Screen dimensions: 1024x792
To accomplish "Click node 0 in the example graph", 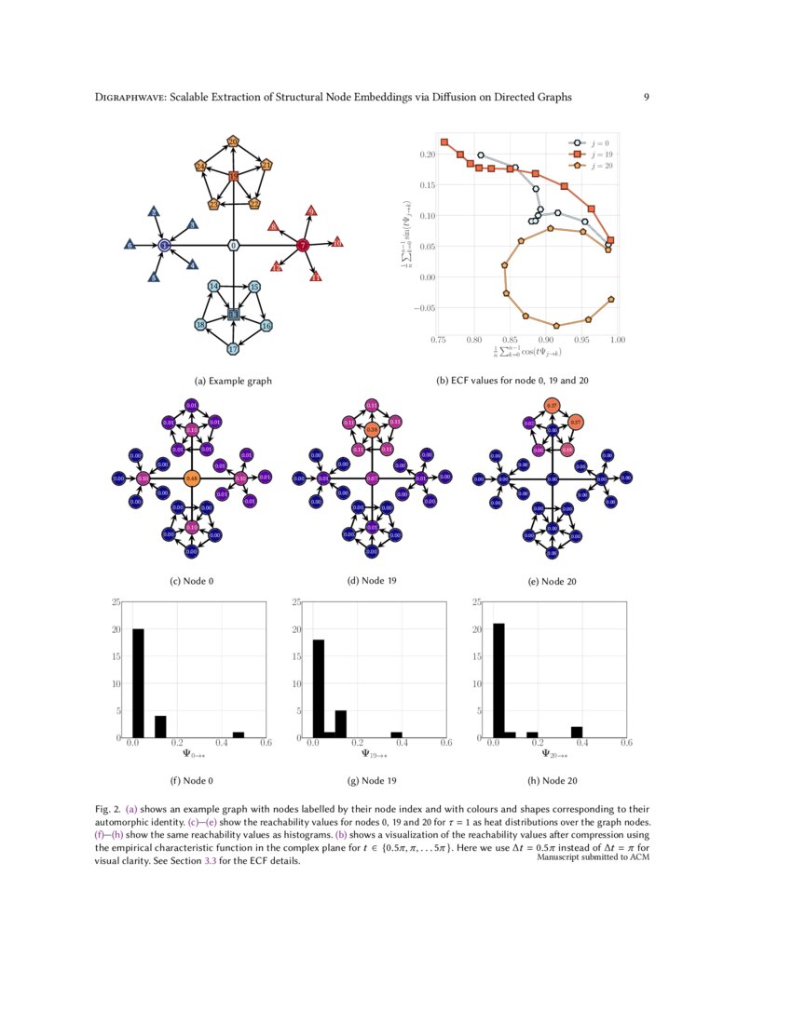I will click(234, 245).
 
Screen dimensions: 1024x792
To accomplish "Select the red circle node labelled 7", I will click(303, 245).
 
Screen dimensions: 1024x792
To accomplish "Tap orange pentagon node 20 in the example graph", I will click(233, 141).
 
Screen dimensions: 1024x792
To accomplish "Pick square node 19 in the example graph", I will click(233, 175).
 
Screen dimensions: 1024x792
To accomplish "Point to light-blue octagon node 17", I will click(233, 349).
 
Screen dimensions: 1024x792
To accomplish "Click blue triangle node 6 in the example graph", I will click(130, 245).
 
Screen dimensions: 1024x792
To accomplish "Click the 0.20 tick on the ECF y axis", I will click(428, 155).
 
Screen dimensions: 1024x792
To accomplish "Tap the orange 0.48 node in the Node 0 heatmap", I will click(191, 479).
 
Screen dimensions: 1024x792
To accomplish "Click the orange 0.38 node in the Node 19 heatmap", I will click(371, 430).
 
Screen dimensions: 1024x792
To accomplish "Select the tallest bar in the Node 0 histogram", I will click(138, 682).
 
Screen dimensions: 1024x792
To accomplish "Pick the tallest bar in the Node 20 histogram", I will click(498, 680).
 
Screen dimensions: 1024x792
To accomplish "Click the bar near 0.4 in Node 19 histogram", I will click(397, 734).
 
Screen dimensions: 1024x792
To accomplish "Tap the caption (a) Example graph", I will click(233, 381).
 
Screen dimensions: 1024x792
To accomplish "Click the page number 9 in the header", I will click(647, 97).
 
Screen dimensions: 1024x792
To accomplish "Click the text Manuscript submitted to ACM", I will click(593, 857).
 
